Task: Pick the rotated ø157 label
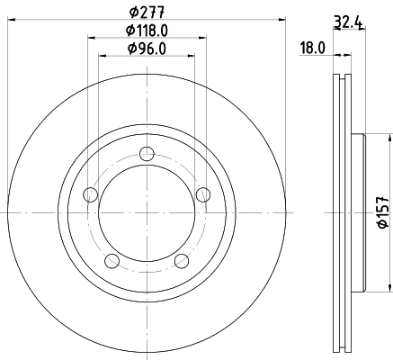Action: click(381, 214)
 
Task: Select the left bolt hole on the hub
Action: click(89, 194)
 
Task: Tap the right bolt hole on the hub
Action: click(203, 193)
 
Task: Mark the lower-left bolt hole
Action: click(112, 261)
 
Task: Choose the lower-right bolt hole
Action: click(182, 261)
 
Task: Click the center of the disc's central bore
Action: click(147, 214)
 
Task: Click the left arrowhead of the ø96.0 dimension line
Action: click(100, 57)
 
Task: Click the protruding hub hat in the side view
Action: click(361, 214)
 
